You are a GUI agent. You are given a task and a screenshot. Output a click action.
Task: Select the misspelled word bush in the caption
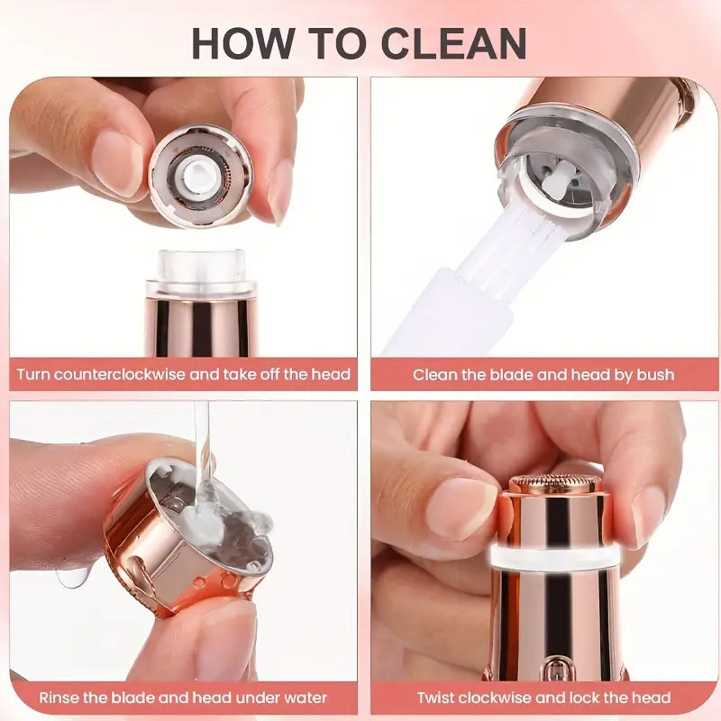[654, 374]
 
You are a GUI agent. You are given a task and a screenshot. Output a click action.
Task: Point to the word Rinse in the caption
[57, 698]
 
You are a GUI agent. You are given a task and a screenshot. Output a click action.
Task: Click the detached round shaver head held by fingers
[200, 175]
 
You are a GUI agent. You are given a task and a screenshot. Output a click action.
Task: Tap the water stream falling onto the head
[202, 442]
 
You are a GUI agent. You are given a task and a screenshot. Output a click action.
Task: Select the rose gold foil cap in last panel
[554, 485]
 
